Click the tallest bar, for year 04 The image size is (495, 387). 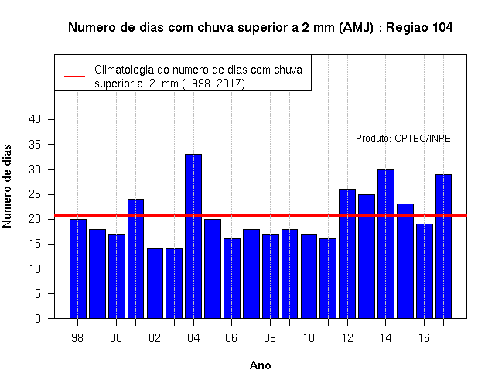[x=193, y=236]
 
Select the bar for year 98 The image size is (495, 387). [x=78, y=269]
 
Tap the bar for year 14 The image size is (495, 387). [x=386, y=244]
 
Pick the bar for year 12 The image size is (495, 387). [x=347, y=254]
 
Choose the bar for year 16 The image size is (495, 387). [x=425, y=271]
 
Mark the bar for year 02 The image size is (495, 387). [x=155, y=284]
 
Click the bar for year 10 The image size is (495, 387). [x=309, y=276]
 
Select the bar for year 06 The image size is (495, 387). [x=232, y=279]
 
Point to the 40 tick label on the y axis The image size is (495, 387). [x=35, y=119]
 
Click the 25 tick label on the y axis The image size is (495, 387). [x=35, y=194]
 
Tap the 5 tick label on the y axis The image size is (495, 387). [x=38, y=294]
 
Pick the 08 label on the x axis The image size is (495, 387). [x=270, y=338]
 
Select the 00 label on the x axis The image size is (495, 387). [x=116, y=338]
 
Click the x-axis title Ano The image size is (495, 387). [x=260, y=365]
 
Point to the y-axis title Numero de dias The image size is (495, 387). [x=7, y=186]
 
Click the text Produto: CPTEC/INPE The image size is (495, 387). [x=403, y=139]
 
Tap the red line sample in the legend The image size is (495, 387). [x=74, y=77]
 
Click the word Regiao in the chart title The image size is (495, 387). [x=407, y=28]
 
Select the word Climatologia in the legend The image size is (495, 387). [x=122, y=70]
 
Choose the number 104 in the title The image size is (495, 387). [x=442, y=28]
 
